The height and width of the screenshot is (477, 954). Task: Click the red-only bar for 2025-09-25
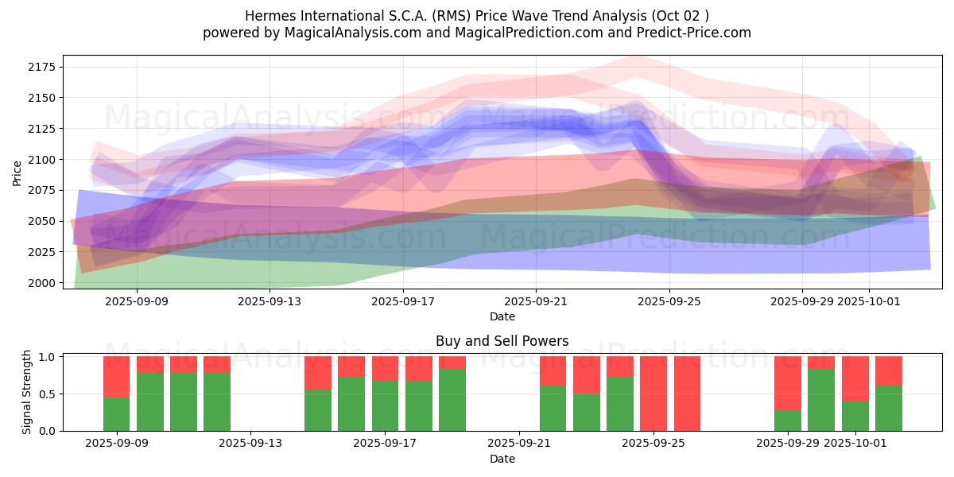(653, 394)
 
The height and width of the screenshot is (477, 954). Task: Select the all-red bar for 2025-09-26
(687, 394)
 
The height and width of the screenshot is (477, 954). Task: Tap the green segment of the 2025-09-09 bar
(116, 413)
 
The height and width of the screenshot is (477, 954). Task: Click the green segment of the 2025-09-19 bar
(452, 400)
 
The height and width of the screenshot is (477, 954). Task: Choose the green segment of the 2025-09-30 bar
(821, 400)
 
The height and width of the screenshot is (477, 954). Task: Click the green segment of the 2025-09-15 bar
(318, 410)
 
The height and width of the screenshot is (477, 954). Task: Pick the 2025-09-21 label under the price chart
(536, 302)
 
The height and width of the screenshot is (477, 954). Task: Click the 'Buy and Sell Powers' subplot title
(502, 341)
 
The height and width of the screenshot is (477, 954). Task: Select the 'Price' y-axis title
(17, 172)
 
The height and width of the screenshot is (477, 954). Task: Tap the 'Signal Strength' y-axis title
(27, 392)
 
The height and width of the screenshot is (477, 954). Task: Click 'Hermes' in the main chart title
(266, 15)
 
